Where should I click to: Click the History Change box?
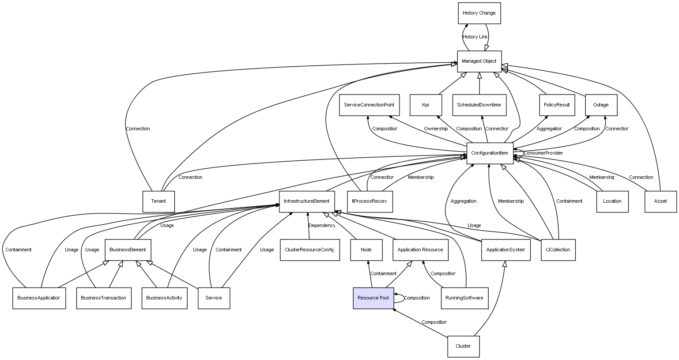[479, 13]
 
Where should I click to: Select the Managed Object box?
[479, 61]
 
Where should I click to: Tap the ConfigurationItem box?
[490, 153]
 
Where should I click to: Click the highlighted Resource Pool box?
[373, 298]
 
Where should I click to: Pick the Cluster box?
[463, 346]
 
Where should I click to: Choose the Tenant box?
[158, 201]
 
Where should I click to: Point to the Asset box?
[660, 201]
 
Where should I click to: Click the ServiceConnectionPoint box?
[369, 105]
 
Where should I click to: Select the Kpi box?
[426, 105]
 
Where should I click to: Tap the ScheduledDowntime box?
[479, 105]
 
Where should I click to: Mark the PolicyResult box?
[557, 105]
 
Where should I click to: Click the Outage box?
[600, 105]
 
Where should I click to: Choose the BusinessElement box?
[128, 250]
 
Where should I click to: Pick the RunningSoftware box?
[464, 298]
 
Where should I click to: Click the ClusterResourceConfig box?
[309, 250]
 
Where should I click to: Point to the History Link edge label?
[475, 37]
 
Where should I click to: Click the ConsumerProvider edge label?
[543, 153]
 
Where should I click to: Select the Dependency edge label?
[322, 226]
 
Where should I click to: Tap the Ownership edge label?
[436, 129]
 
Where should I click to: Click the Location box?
[612, 201]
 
